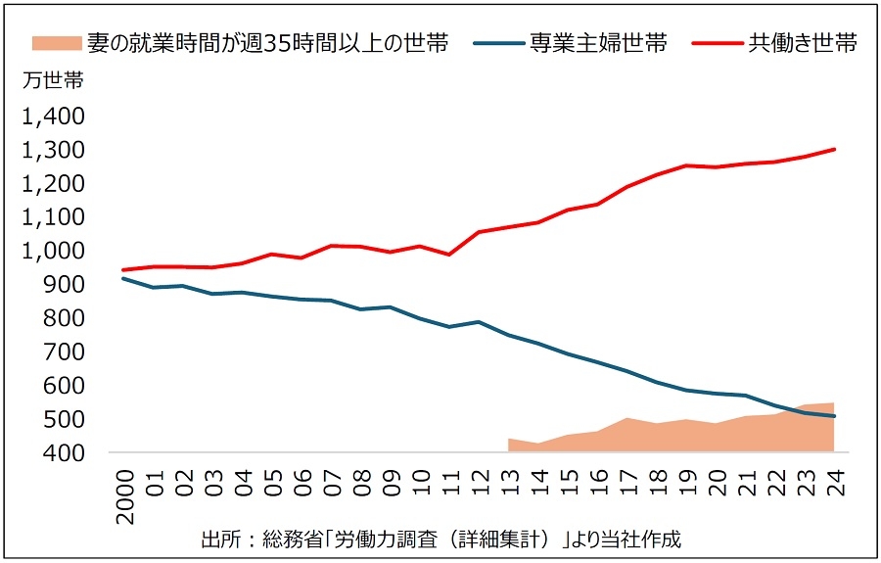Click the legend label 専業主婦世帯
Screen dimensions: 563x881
(598, 44)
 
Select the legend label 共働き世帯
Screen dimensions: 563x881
(803, 44)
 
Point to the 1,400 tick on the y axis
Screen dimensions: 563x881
(53, 117)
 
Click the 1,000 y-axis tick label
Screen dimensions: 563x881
(53, 251)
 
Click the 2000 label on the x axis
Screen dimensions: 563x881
(123, 490)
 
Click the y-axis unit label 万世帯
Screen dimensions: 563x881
(52, 81)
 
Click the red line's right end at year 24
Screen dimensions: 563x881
(833, 150)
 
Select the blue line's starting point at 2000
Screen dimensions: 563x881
(123, 278)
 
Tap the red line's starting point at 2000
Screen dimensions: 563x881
(123, 269)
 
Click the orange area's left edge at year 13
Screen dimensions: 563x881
(509, 440)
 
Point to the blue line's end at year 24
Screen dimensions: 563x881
(833, 416)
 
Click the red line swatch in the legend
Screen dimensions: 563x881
(717, 44)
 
